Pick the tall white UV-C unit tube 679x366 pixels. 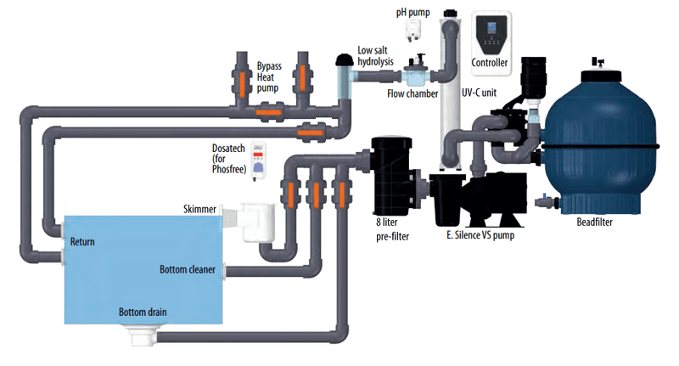coord(448,93)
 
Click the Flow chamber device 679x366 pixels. coord(417,72)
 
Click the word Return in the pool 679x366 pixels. coord(82,242)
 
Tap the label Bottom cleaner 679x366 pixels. coord(188,271)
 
